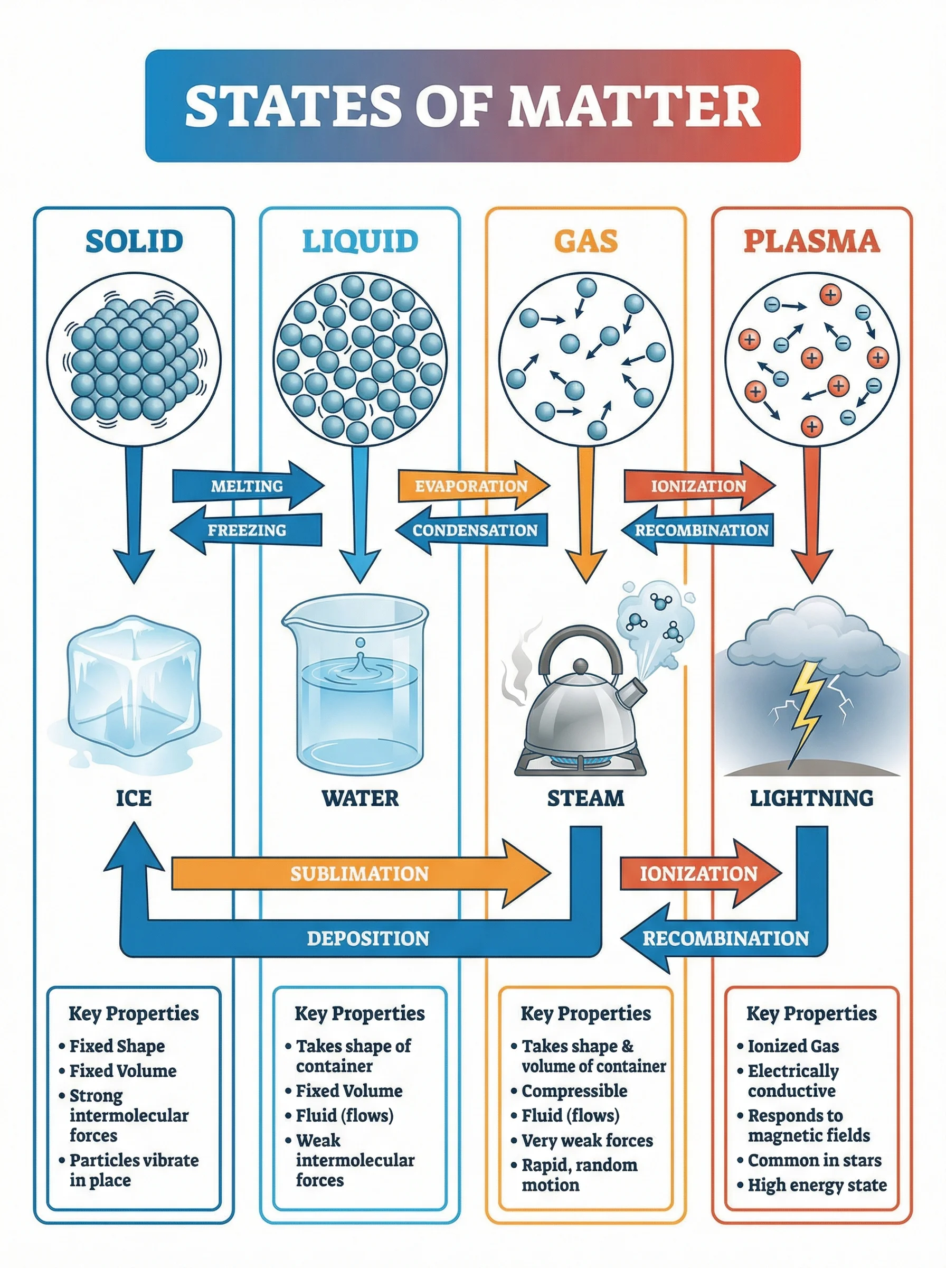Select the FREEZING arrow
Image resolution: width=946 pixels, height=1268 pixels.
246,530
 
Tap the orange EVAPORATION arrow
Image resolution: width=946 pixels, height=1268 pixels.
471,486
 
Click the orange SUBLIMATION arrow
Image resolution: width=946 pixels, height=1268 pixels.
360,873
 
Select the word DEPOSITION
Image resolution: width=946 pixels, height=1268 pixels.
367,938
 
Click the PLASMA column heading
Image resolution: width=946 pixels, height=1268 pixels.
811,241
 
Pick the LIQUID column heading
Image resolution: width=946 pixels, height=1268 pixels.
360,241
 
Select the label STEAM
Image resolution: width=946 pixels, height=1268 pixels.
585,798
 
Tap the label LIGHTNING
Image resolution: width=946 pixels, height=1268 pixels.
811,798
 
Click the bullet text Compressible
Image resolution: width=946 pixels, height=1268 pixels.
574,1091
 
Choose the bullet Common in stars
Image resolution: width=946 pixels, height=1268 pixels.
815,1160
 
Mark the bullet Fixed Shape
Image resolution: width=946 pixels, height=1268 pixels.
117,1046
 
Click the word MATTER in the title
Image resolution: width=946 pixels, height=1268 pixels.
633,106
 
